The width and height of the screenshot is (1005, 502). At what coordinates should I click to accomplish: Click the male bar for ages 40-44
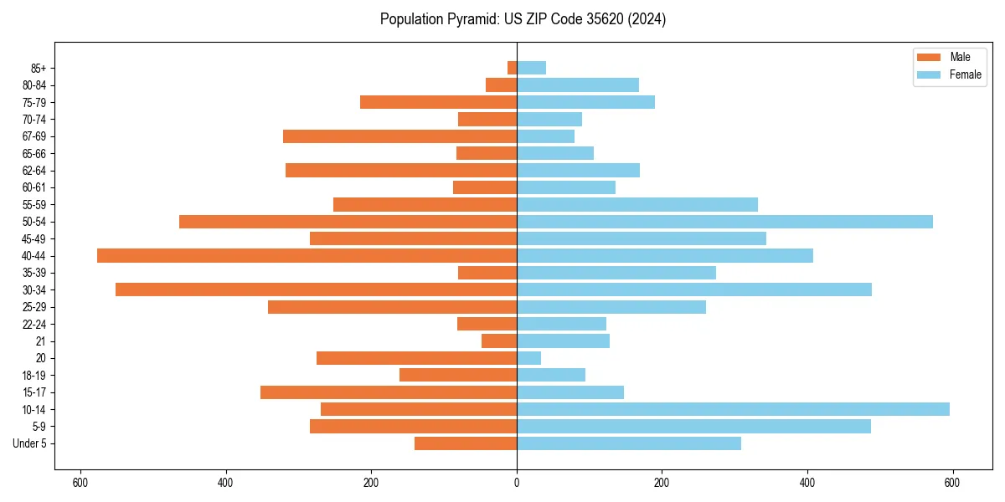(307, 256)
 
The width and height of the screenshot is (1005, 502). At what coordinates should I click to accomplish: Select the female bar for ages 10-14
(733, 409)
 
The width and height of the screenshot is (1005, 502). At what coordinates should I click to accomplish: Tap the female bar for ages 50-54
(724, 222)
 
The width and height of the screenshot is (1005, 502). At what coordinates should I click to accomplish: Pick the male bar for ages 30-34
(316, 289)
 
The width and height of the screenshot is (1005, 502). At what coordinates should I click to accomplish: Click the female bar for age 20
(528, 358)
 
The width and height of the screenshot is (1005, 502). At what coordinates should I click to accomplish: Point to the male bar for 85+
(512, 68)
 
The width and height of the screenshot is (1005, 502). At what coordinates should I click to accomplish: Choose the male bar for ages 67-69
(399, 136)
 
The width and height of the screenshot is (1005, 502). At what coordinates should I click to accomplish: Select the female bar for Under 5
(628, 443)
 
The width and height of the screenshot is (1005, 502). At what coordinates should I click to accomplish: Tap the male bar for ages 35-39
(487, 273)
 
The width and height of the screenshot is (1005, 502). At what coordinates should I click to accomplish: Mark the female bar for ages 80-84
(578, 85)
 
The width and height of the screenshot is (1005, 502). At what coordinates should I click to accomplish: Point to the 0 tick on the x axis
(517, 483)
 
